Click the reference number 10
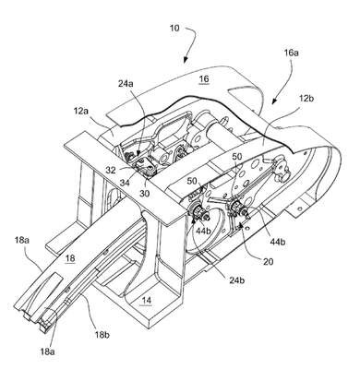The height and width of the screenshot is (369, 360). (x=174, y=28)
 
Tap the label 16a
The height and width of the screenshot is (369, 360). (x=292, y=53)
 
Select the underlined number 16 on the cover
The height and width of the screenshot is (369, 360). (x=204, y=79)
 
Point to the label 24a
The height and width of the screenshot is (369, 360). (x=126, y=83)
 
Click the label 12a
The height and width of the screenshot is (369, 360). (x=81, y=112)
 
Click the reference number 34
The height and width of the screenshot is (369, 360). (x=126, y=184)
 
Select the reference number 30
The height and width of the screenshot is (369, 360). (x=145, y=193)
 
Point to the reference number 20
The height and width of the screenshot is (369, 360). (x=268, y=261)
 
